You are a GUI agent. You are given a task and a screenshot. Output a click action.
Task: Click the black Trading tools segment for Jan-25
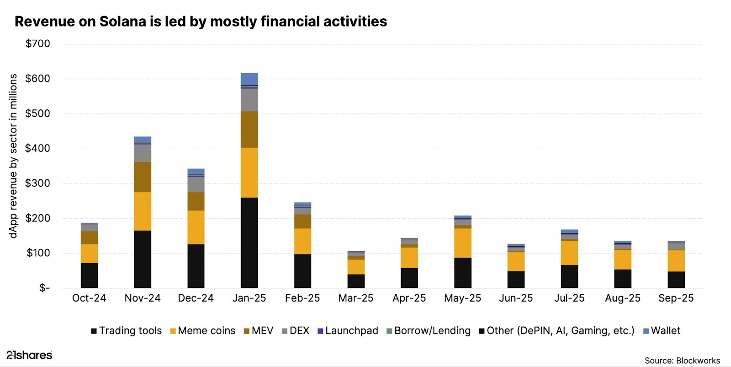249,243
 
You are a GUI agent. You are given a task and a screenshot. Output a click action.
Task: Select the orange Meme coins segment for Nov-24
143,211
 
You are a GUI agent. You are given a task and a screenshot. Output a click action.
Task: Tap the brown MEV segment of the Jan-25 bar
249,129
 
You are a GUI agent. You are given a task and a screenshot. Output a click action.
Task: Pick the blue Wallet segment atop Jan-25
249,79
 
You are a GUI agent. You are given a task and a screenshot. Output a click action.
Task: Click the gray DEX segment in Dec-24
196,184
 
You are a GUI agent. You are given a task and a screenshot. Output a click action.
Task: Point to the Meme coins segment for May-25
462,243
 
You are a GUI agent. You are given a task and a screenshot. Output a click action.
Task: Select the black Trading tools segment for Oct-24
89,275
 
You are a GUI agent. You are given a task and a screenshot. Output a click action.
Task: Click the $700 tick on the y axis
38,44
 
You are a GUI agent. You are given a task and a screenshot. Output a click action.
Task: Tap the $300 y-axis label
38,183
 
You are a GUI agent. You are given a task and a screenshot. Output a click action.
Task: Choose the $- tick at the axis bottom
44,288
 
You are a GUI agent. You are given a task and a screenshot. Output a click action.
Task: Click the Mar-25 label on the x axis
355,298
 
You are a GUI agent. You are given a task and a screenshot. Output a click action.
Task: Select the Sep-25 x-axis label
676,298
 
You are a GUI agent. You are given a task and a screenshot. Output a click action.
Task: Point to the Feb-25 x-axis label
302,298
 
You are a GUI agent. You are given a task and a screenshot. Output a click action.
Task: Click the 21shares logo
29,355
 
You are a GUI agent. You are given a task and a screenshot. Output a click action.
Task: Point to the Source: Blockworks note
682,361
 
